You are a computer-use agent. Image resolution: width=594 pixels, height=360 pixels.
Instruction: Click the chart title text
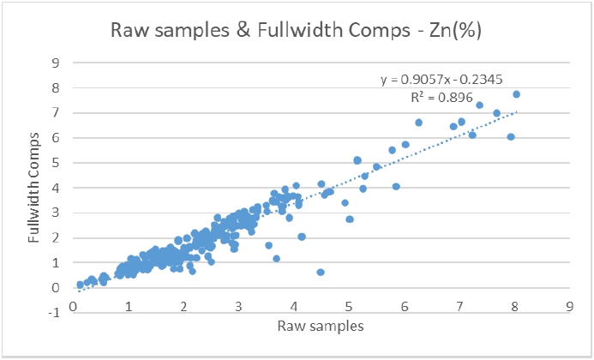click(x=297, y=30)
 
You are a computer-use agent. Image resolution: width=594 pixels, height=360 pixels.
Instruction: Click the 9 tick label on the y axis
click(x=56, y=63)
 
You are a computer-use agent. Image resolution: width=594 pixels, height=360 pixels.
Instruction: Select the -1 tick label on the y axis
click(x=53, y=312)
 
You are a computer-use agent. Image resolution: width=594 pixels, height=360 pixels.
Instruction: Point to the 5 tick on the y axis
click(x=56, y=163)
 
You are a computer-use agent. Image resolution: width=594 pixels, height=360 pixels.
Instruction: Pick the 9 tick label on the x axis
click(x=569, y=304)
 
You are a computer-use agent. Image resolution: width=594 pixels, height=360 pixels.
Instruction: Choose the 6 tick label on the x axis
click(x=404, y=304)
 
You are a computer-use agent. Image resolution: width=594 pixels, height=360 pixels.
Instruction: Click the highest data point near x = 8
click(x=516, y=94)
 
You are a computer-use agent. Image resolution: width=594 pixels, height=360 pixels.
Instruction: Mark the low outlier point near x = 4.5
click(x=321, y=272)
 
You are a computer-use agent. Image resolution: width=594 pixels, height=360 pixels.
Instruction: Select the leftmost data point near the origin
click(x=80, y=285)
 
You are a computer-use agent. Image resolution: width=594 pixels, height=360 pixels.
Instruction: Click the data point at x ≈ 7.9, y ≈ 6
click(x=511, y=137)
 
